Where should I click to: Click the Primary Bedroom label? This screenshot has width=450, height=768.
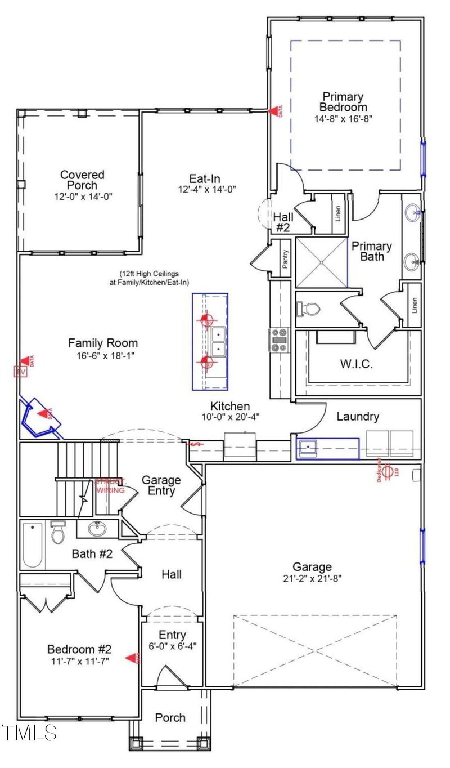(343, 102)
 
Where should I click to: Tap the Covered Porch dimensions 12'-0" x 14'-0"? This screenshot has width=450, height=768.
(82, 197)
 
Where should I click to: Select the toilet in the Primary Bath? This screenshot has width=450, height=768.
(310, 309)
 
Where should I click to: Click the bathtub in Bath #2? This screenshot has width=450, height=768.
(33, 546)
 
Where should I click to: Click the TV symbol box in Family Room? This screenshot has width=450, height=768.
(20, 372)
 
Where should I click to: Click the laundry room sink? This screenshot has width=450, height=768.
(309, 448)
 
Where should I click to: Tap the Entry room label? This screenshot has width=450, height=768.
(172, 635)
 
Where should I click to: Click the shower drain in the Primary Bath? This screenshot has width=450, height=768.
(321, 262)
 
